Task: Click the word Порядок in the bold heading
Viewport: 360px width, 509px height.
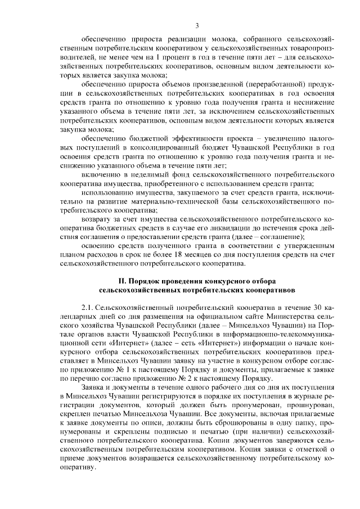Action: tap(145, 280)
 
